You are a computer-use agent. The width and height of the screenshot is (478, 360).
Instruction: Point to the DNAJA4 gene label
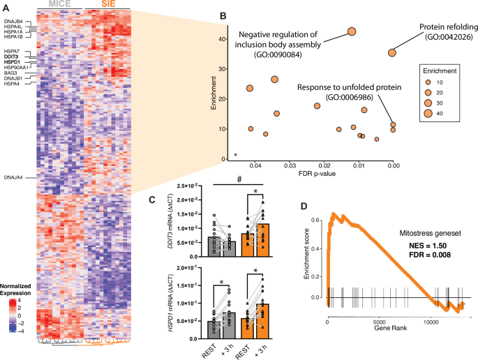(x=13, y=177)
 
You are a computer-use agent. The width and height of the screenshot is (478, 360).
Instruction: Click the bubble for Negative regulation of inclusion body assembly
(x=352, y=31)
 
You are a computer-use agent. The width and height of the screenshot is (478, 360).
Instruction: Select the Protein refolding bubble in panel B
(x=392, y=52)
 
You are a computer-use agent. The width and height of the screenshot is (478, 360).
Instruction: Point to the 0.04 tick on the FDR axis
(x=255, y=165)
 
